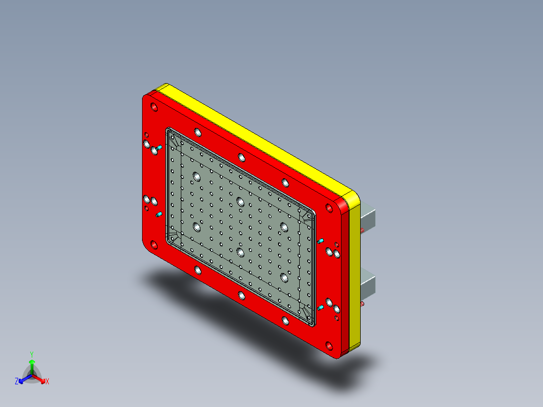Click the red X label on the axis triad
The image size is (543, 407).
click(x=47, y=382)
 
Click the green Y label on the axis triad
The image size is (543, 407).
click(x=31, y=354)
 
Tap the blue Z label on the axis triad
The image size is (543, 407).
click(x=17, y=382)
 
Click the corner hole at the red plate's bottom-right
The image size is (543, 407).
click(x=329, y=346)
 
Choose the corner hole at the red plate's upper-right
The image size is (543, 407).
click(x=329, y=207)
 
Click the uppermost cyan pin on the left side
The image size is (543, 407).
click(x=158, y=148)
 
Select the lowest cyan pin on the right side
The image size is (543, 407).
click(x=320, y=307)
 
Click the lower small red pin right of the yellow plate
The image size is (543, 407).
click(x=362, y=304)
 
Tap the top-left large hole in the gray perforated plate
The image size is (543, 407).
click(x=196, y=177)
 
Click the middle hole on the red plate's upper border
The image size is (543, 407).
click(x=241, y=157)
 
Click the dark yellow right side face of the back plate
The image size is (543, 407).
click(x=354, y=277)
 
